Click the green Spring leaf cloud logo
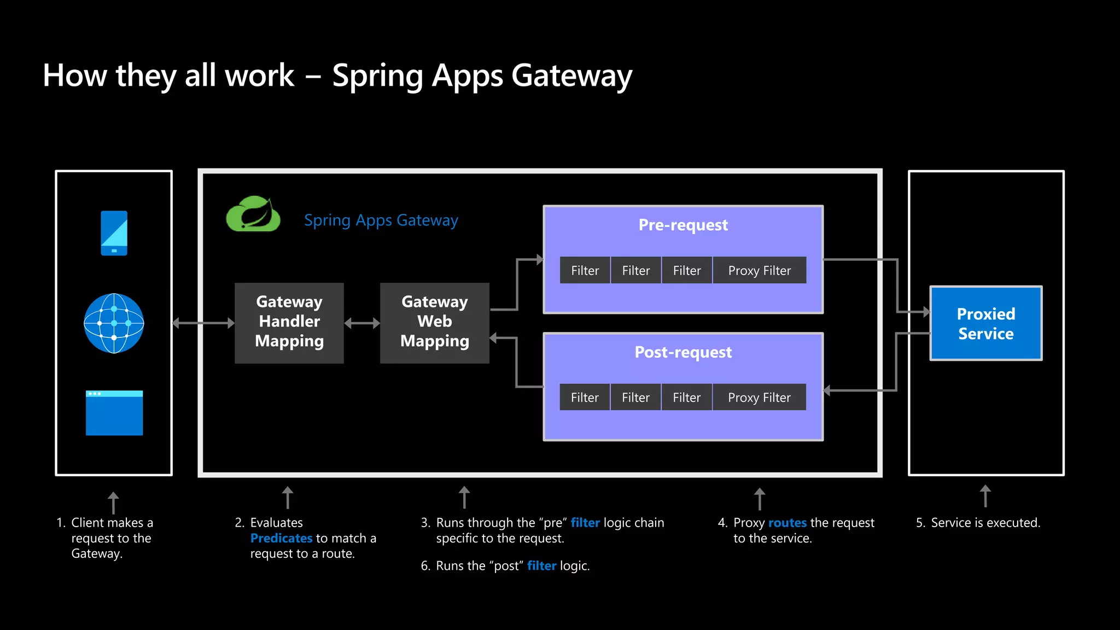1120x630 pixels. (x=253, y=214)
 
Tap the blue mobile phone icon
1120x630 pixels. (x=114, y=233)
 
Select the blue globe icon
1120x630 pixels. (x=114, y=323)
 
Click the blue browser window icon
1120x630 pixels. (x=114, y=413)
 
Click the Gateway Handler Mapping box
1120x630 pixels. (x=289, y=323)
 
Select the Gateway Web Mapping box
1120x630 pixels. (x=435, y=323)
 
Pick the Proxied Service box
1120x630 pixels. (x=985, y=323)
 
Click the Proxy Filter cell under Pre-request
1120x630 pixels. (x=759, y=270)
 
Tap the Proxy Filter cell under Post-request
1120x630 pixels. (x=759, y=398)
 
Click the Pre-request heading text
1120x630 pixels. (x=683, y=225)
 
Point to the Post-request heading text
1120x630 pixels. (x=683, y=352)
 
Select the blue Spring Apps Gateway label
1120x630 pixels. (x=381, y=220)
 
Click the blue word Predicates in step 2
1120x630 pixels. (x=281, y=538)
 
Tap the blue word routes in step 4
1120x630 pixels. (x=787, y=523)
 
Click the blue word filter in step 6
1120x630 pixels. (x=541, y=566)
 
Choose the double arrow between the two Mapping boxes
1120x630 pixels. (x=362, y=323)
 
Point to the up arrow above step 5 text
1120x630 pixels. (x=985, y=495)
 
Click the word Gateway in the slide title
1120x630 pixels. (x=571, y=75)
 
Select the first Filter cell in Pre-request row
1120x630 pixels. (x=585, y=270)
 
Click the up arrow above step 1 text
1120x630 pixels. (x=113, y=503)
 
